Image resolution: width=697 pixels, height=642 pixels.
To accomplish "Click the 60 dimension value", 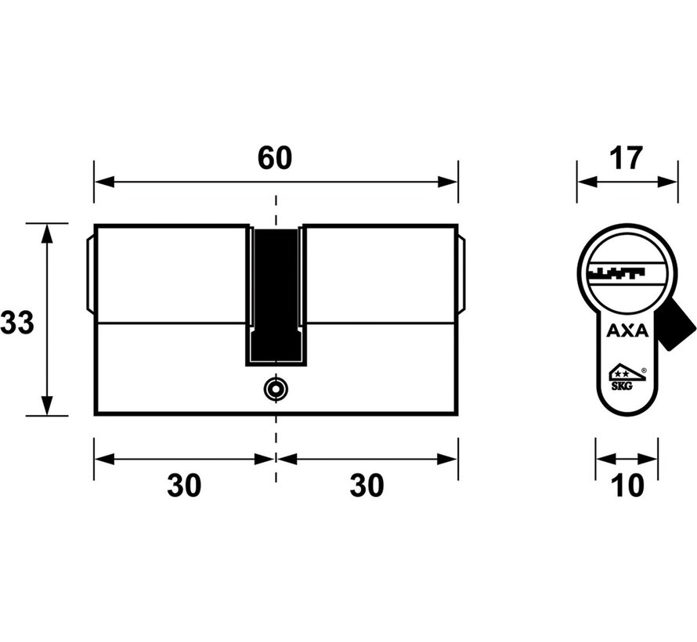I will (275, 158).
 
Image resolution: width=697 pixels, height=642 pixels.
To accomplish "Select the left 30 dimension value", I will (184, 486).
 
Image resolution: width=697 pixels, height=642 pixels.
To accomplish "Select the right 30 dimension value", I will (367, 486).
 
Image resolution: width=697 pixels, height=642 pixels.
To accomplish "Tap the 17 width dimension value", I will (627, 158).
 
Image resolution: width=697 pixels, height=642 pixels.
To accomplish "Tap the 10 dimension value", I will (627, 486).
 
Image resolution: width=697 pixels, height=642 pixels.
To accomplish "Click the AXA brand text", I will (627, 330).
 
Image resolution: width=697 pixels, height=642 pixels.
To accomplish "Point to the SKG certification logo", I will (625, 376).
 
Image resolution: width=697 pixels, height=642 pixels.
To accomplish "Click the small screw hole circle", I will (274, 388).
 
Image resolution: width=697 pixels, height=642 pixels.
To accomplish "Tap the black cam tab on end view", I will (676, 326).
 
